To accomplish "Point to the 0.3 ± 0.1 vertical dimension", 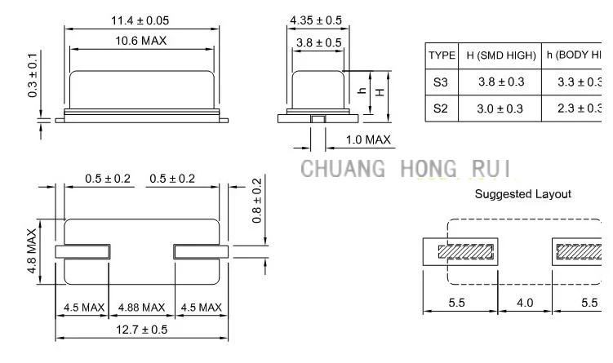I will click(33, 74).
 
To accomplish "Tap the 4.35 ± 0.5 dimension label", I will click(316, 20).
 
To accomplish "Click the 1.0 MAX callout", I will click(368, 139).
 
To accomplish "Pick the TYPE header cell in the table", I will click(442, 55).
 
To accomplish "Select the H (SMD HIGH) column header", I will click(500, 55).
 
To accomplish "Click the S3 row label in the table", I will click(442, 82).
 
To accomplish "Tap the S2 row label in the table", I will click(442, 108).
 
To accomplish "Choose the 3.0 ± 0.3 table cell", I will click(500, 108).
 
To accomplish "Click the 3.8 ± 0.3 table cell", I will click(500, 82).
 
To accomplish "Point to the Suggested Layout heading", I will click(522, 194).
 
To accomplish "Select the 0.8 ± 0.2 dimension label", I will click(257, 201).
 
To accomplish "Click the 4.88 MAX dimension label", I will click(141, 308).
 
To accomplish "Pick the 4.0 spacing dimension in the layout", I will click(525, 303).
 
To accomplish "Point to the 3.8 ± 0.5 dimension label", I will click(318, 42).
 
